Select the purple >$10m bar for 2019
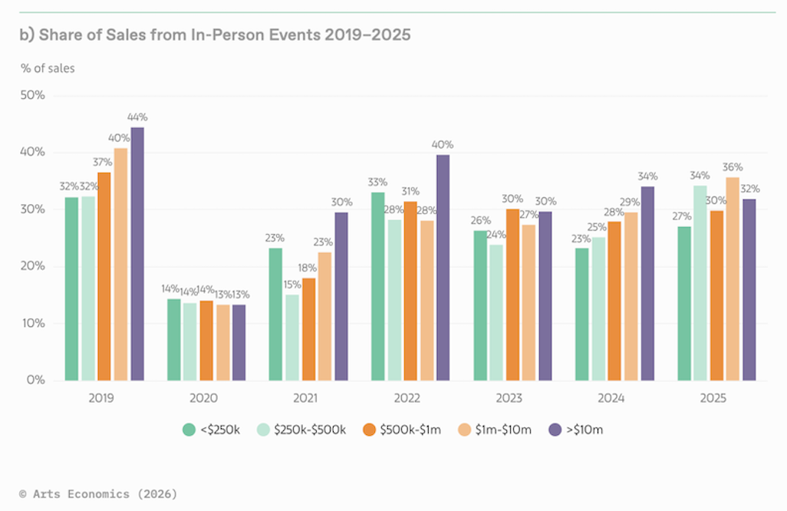pos(137,253)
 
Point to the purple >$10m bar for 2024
pos(648,283)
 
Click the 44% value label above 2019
pos(138,117)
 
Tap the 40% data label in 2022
pos(443,144)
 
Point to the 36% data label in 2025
pos(733,167)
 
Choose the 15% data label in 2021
pos(292,285)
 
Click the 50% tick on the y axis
pos(33,96)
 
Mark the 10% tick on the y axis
pos(33,323)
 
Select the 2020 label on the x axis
pos(203,398)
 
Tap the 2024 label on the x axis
pos(611,398)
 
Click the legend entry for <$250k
pos(212,430)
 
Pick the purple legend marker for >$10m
pos(555,430)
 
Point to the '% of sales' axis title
pos(48,68)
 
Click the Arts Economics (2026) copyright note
pos(98,494)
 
